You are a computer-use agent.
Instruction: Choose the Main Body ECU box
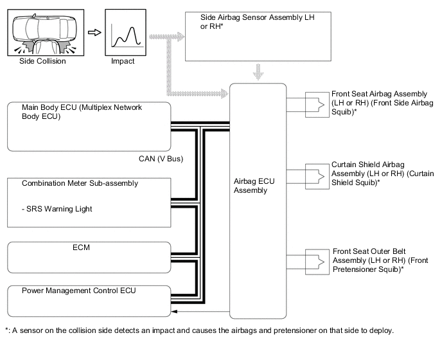point(90,125)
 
